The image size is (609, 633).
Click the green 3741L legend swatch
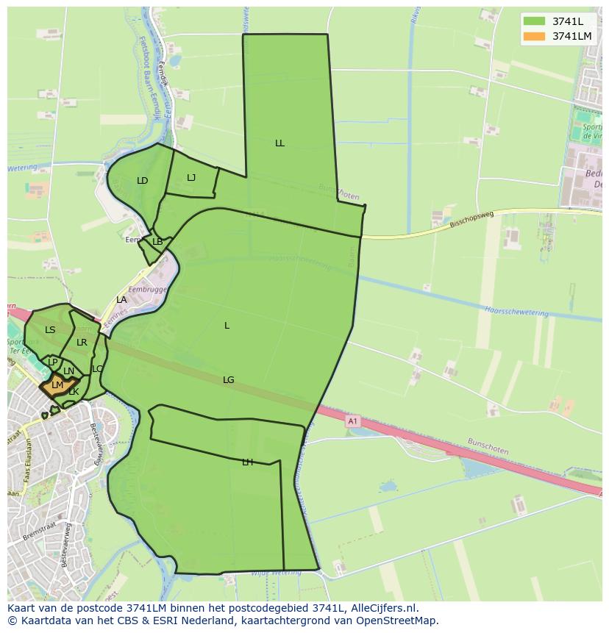coord(534,21)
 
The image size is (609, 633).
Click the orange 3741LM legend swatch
coord(534,36)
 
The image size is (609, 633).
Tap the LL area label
coord(279,143)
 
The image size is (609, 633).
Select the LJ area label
coord(191,177)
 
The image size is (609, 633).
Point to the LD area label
coord(143,181)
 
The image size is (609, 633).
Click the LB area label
coord(157,242)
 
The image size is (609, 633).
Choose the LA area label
coord(121,300)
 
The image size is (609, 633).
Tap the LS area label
coord(50,330)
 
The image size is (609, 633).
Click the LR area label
coord(82,343)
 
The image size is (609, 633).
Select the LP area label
coord(52,362)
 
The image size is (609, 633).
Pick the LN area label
coord(68,371)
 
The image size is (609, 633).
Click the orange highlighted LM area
coord(57,385)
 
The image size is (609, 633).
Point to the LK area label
coord(74,392)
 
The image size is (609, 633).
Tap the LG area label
coord(229,380)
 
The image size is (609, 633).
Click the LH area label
coord(247,462)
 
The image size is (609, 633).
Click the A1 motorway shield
coord(352,421)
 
